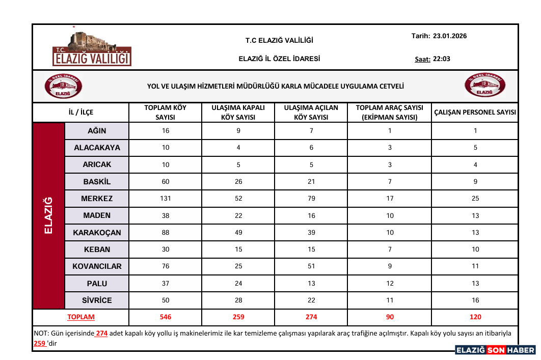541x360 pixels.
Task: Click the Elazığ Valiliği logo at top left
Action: (92, 50)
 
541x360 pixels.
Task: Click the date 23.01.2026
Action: (450, 36)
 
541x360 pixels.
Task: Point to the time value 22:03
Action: (442, 59)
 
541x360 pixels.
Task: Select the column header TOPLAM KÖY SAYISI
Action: (166, 113)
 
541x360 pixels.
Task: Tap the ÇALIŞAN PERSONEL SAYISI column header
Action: (475, 113)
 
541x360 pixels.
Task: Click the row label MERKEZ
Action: (97, 199)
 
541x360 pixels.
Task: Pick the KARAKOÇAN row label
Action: (97, 233)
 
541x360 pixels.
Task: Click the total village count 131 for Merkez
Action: (166, 199)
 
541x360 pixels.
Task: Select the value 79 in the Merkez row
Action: (311, 199)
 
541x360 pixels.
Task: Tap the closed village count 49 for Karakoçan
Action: (238, 233)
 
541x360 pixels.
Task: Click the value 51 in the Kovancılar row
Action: (311, 266)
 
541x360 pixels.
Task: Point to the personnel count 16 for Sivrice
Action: (475, 300)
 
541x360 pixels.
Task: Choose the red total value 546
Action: (166, 317)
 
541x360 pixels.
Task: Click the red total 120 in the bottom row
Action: (475, 317)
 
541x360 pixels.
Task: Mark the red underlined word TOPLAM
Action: (81, 317)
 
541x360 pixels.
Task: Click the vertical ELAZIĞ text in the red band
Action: (49, 215)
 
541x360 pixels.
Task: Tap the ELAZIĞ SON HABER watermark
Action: (495, 350)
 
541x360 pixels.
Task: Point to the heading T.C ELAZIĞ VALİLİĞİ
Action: (279, 40)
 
